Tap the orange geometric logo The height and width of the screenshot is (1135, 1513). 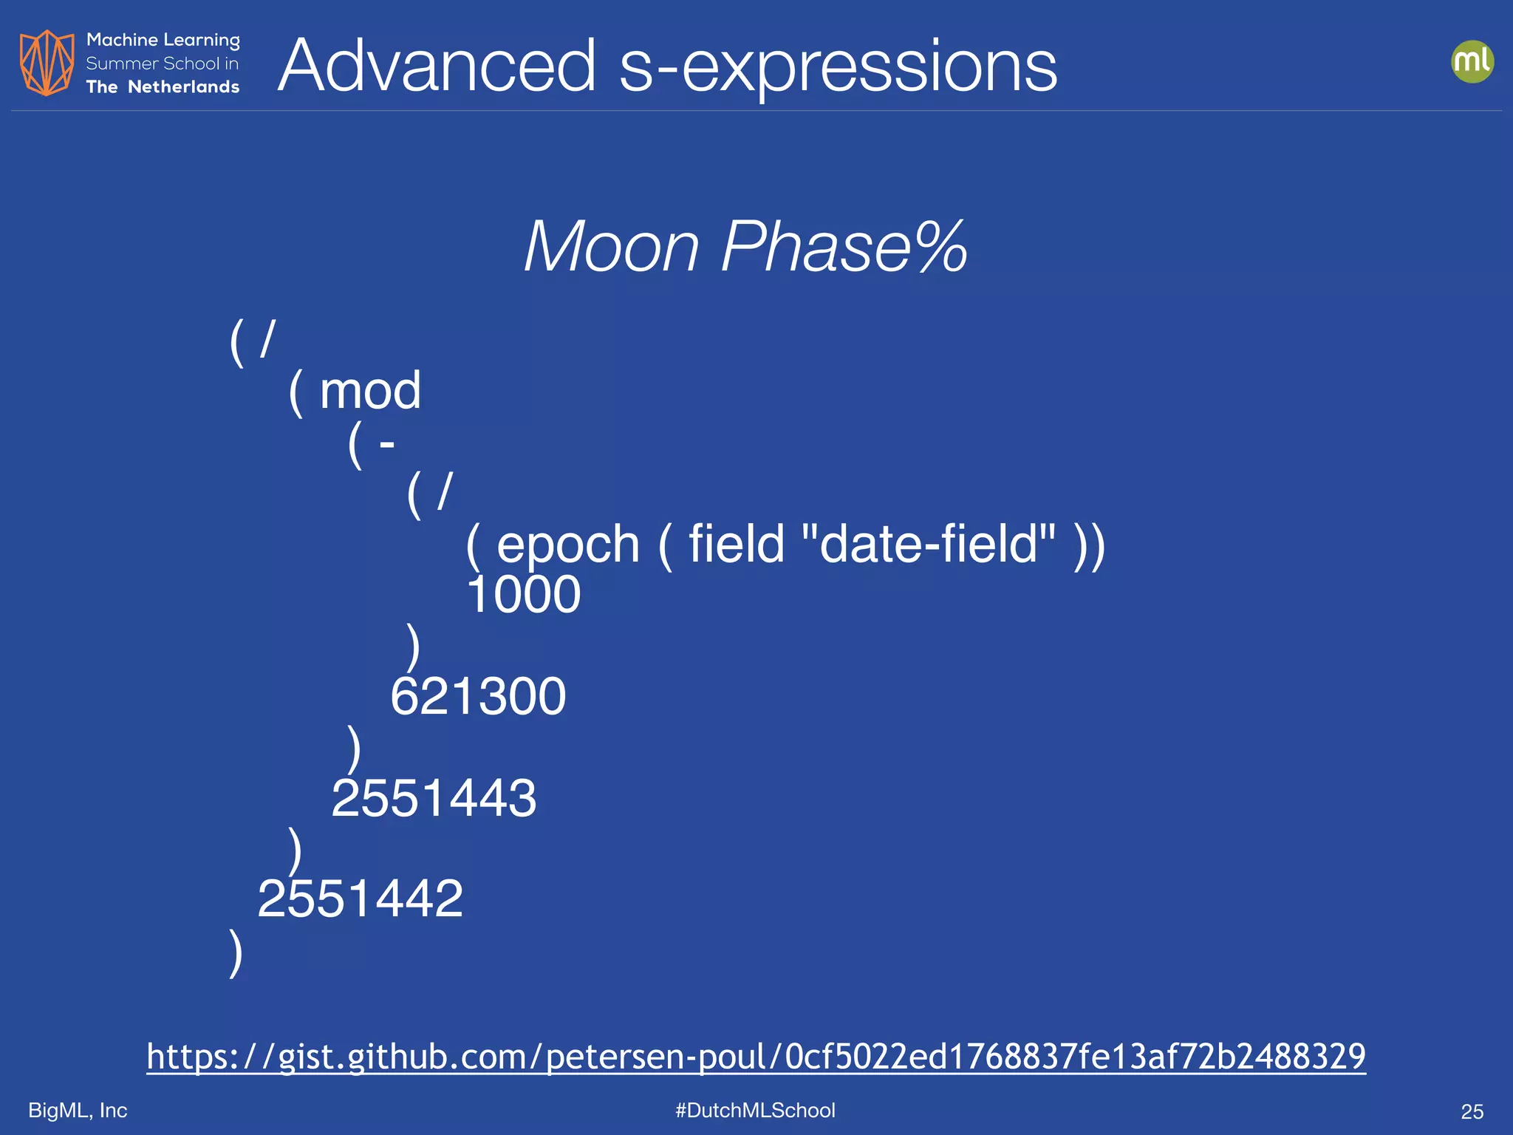47,63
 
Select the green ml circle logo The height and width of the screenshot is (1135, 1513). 1472,61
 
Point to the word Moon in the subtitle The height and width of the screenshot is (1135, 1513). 611,247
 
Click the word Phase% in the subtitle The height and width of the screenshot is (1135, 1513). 843,247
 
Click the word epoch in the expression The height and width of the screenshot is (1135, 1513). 567,545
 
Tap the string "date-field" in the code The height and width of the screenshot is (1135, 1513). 928,544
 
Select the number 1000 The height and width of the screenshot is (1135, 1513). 524,594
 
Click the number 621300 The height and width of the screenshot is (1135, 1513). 478,696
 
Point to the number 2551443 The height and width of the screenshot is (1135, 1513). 434,798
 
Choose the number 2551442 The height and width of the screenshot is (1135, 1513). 360,899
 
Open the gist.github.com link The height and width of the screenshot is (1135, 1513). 756,1056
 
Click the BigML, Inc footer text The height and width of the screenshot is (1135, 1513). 78,1110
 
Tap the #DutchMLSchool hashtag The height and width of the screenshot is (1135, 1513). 755,1110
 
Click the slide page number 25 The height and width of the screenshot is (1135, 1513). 1472,1111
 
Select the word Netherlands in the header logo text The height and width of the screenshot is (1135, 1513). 183,87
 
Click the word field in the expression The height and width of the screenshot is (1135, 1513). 736,544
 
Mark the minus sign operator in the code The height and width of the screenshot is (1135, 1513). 386,444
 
